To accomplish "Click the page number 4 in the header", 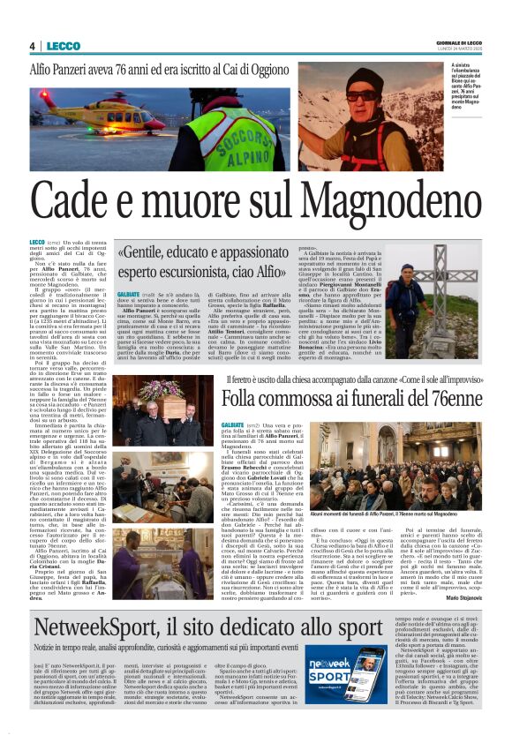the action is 32,46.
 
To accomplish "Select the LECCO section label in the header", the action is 63,46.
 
